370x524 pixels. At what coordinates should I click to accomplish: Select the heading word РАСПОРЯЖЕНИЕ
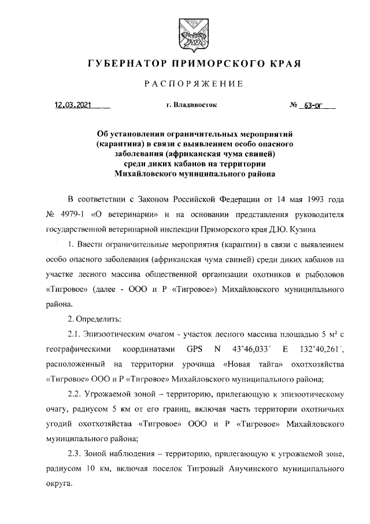(x=194, y=85)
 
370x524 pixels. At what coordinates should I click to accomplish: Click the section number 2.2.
(x=76, y=395)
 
